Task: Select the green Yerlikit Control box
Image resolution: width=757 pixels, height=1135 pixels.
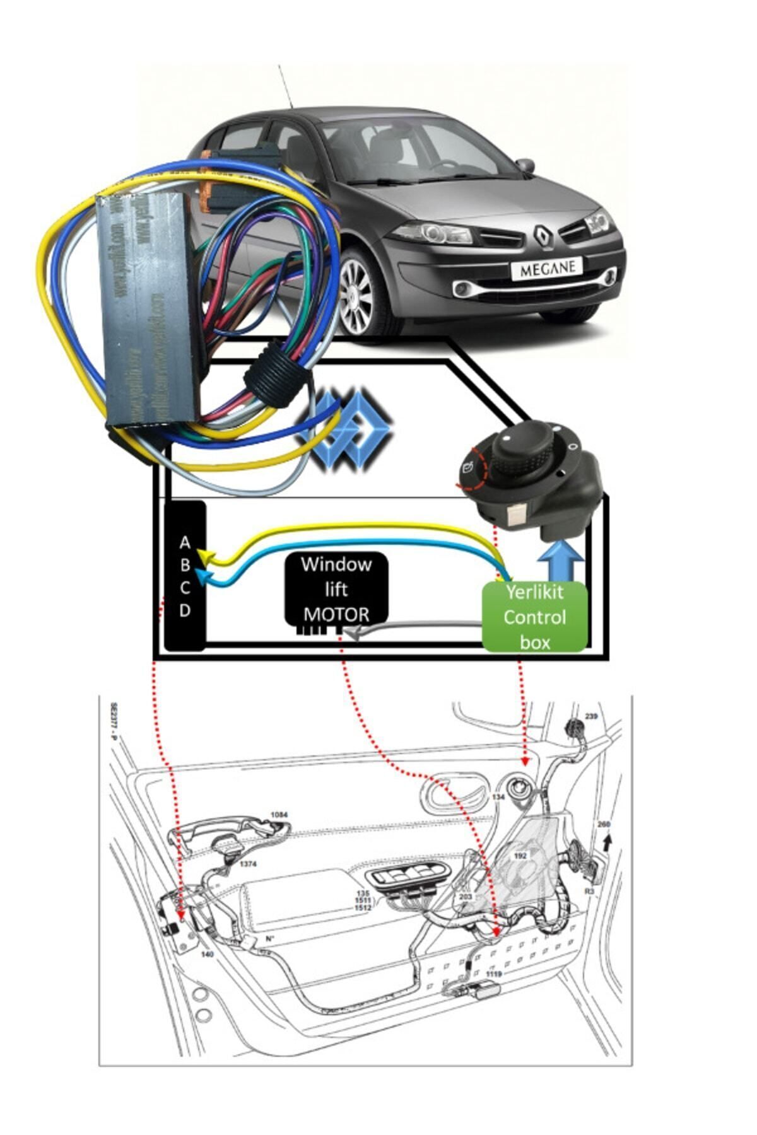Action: click(535, 617)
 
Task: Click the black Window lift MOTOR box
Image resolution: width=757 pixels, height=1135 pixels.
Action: click(336, 589)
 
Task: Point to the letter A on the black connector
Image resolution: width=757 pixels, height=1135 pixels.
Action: click(185, 542)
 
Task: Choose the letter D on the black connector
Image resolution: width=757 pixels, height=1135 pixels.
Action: click(185, 610)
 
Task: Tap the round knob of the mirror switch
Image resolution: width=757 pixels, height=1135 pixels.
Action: click(525, 448)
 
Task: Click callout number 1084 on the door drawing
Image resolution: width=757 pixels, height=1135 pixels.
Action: click(279, 815)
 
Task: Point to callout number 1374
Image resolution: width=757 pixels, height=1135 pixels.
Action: click(248, 864)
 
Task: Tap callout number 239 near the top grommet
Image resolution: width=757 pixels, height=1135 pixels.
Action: click(590, 717)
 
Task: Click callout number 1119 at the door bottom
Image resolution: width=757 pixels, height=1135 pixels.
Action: click(494, 974)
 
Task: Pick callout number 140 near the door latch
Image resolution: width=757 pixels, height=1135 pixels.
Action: click(207, 954)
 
